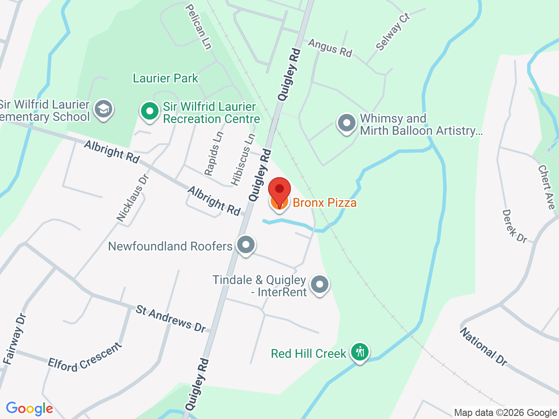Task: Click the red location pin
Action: pos(279,191)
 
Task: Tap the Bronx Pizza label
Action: pos(324,203)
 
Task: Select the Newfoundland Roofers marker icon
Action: pos(246,245)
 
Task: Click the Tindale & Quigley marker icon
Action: pos(320,285)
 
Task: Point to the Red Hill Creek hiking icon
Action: pos(360,351)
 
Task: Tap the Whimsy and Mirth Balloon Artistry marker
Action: pos(347,124)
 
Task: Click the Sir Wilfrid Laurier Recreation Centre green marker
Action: pos(150,111)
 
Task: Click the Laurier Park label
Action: pos(166,79)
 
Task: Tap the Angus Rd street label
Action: pos(330,48)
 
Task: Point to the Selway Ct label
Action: pos(393,32)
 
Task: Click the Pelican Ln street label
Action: pos(199,27)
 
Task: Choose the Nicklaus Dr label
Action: pos(133,197)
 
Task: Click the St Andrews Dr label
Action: pos(170,318)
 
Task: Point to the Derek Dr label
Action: pos(514,226)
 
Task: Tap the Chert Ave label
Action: pos(546,186)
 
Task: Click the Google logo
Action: pos(29,409)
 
